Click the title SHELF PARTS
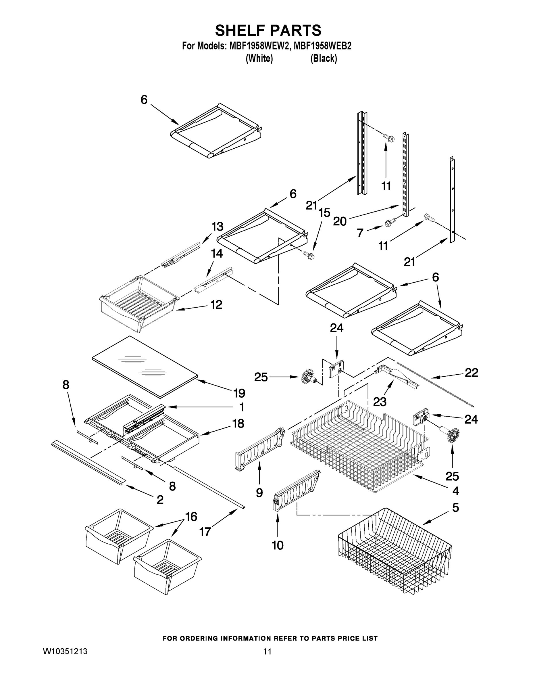[268, 31]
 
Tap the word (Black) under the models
[324, 58]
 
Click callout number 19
[239, 393]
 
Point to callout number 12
[216, 304]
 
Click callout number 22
[471, 373]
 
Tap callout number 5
[455, 508]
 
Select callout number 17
[205, 532]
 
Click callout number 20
[340, 221]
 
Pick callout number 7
[360, 233]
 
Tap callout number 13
[217, 227]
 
